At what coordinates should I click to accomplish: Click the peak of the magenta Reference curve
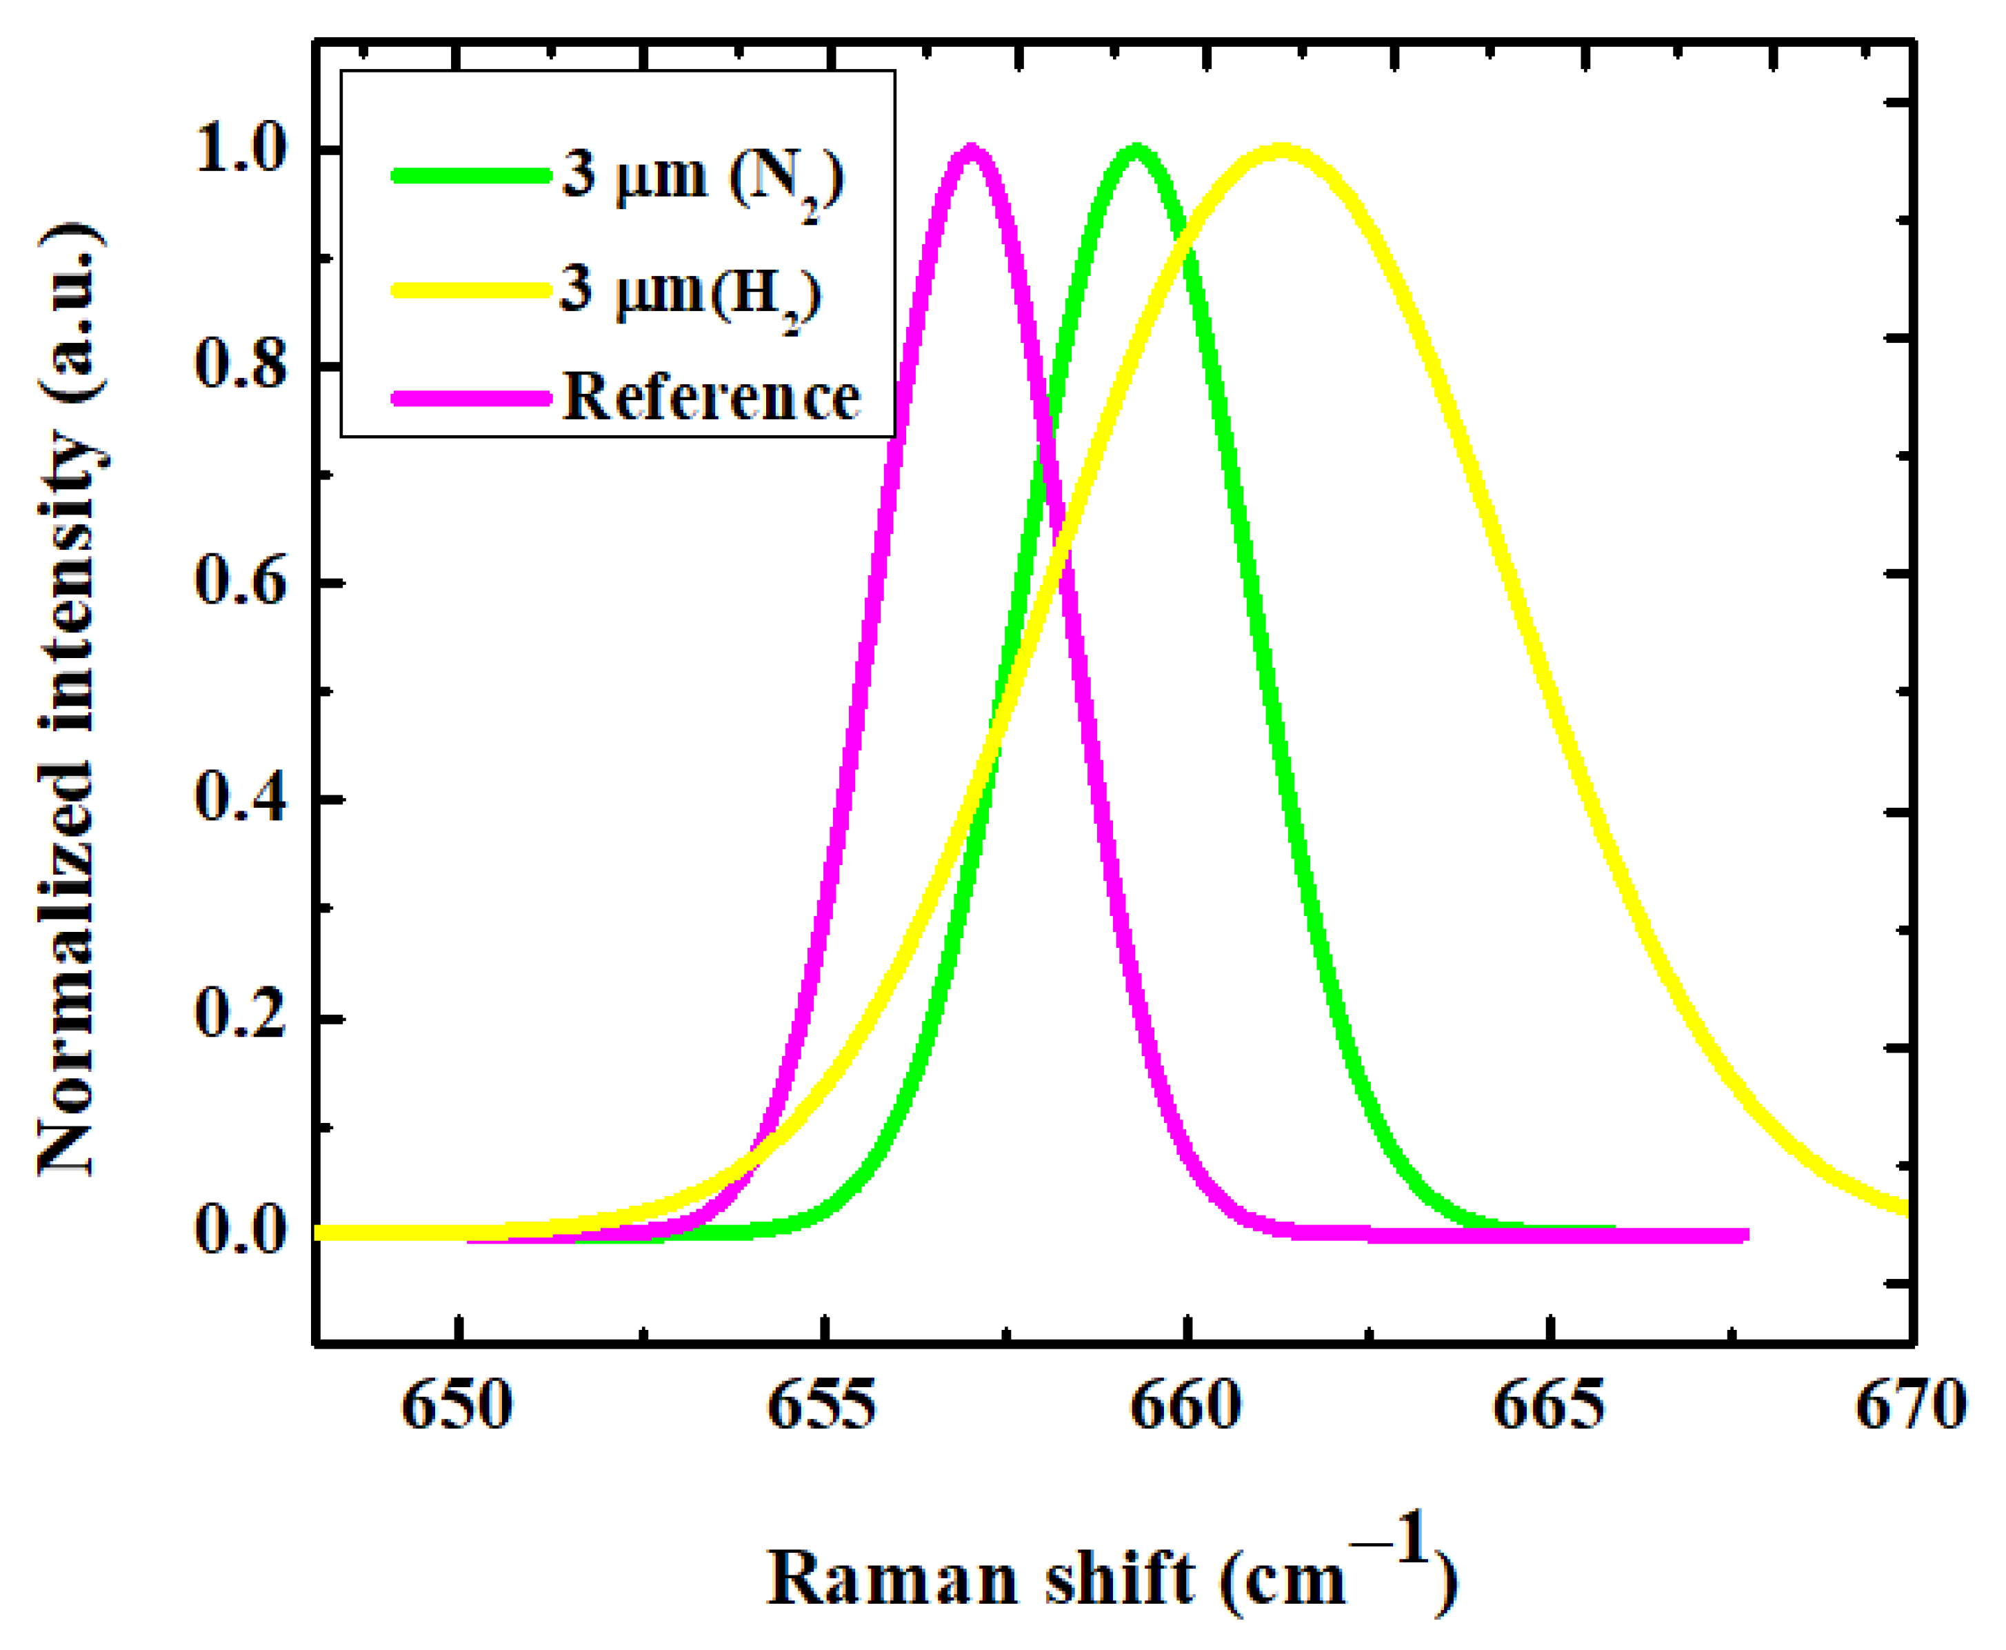tap(970, 150)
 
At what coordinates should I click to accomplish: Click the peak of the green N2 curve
tap(1136, 150)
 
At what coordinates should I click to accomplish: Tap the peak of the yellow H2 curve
tap(1281, 150)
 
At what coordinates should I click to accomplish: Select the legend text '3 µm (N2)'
tap(701, 179)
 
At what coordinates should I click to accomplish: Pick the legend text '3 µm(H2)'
tap(689, 292)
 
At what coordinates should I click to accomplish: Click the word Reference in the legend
tap(711, 397)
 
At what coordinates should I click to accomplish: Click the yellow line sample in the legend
tap(471, 290)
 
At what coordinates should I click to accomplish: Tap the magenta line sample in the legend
tap(471, 397)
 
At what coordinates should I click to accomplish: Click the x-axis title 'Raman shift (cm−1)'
tap(1112, 1578)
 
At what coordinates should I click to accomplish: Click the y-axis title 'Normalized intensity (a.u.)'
tap(71, 699)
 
